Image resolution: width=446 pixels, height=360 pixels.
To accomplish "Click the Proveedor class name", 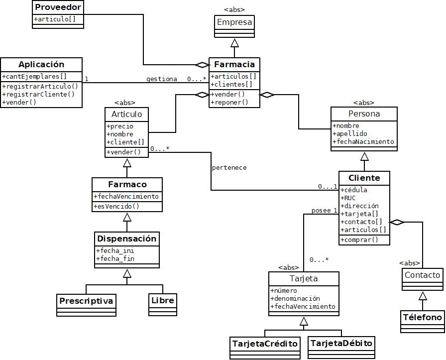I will pyautogui.click(x=58, y=7).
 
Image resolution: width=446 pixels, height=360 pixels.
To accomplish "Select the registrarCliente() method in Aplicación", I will pyautogui.click(x=38, y=94).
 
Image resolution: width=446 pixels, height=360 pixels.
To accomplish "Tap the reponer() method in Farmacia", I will pyautogui.click(x=229, y=102).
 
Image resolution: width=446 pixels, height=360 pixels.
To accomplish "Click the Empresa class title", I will pyautogui.click(x=234, y=22).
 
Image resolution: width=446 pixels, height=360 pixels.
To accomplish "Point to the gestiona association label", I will pyautogui.click(x=161, y=79).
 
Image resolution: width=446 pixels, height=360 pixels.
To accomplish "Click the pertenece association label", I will pyautogui.click(x=229, y=168).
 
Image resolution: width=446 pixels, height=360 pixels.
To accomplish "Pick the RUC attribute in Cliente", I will pyautogui.click(x=349, y=198).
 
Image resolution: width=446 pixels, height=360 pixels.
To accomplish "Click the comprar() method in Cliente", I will pyautogui.click(x=359, y=240).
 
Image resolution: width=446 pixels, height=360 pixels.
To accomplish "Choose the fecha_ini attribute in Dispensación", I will pyautogui.click(x=115, y=250).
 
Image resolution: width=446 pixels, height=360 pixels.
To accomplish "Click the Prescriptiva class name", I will pyautogui.click(x=87, y=301).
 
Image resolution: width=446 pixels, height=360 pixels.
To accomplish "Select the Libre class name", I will pyautogui.click(x=162, y=301).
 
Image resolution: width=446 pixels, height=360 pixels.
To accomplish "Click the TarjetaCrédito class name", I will pyautogui.click(x=265, y=344).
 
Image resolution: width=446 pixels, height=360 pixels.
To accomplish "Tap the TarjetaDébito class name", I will pyautogui.click(x=341, y=344).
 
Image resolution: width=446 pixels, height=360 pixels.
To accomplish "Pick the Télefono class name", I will pyautogui.click(x=423, y=317).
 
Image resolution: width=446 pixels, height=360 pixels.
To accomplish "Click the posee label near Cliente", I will pyautogui.click(x=321, y=211).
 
